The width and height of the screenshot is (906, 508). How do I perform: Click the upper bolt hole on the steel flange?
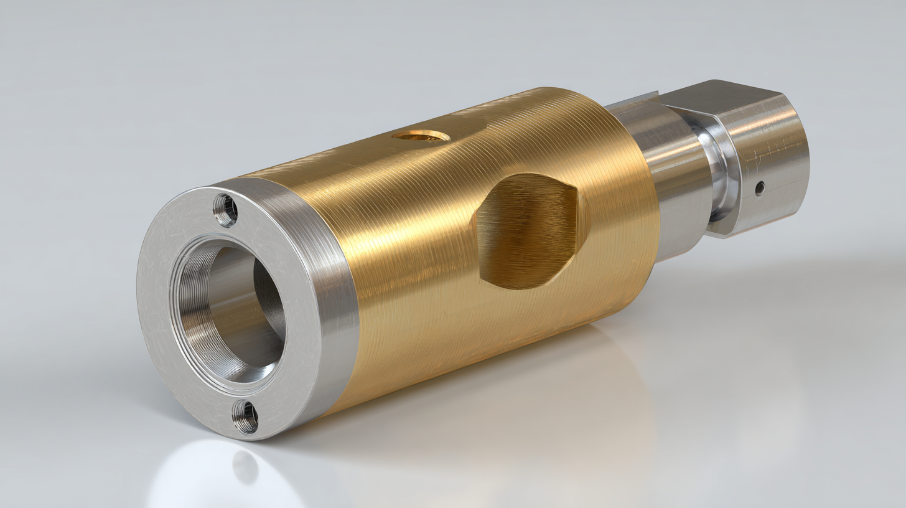tap(225, 210)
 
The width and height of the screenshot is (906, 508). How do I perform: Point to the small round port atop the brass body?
tap(422, 135)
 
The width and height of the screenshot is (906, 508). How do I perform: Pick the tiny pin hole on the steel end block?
tap(759, 188)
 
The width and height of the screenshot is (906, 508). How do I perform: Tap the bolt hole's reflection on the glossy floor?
tap(245, 467)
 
